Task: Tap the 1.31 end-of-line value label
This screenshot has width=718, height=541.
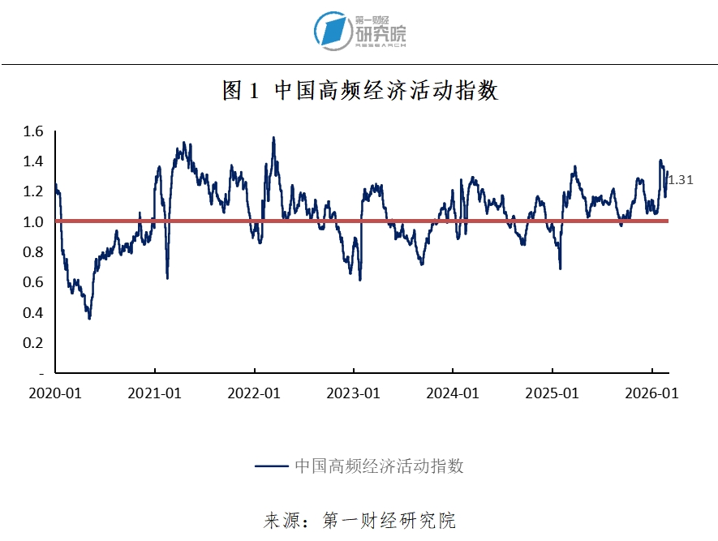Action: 680,180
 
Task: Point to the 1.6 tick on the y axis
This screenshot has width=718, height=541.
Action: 32,131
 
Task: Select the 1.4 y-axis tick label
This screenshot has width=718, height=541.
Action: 32,161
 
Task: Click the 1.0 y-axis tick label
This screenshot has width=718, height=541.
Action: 32,221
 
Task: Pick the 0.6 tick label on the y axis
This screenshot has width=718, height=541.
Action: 32,282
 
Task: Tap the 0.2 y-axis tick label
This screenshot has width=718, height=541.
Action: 32,342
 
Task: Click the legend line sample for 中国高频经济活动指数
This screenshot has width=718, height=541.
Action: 271,466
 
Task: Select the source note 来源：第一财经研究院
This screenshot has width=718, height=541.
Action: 359,520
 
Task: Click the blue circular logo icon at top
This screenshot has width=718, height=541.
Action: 332,30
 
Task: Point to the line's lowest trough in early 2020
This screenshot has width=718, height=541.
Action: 89,318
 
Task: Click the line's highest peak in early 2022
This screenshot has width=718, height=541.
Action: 273,138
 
